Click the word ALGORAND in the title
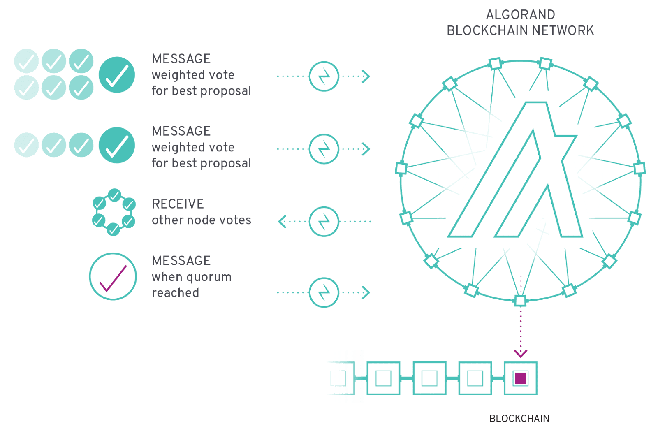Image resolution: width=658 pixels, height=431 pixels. point(520,15)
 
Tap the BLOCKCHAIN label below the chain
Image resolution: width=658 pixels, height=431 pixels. point(519,418)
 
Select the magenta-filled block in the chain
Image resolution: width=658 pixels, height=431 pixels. point(521,378)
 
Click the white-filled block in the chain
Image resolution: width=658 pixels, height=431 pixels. point(429,378)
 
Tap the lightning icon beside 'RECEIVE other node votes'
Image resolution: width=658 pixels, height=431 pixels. point(324,221)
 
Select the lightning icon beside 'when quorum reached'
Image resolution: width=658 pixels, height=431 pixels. point(324,292)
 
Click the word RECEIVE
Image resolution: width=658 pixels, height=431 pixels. point(178,204)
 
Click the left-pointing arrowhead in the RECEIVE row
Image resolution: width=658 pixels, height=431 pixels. point(282,221)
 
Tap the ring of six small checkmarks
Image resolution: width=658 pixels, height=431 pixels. point(114,212)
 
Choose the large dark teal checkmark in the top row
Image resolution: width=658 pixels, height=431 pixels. point(117,75)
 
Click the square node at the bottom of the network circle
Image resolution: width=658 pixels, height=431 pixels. point(520,300)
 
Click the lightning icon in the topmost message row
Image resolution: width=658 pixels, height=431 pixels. point(324,76)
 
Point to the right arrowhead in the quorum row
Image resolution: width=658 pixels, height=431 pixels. point(366,292)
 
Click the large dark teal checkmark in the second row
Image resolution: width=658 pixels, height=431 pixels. point(117,145)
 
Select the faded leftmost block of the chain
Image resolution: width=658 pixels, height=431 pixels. point(338,378)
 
